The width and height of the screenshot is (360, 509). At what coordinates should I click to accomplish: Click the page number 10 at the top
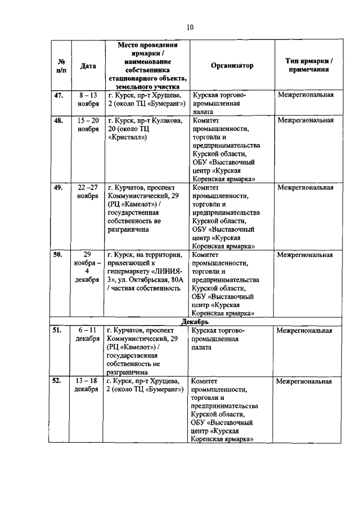pos(190,27)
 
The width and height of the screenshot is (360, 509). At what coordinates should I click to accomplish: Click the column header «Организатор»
pos(232,66)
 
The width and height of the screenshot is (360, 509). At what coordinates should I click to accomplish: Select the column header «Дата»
pos(88,66)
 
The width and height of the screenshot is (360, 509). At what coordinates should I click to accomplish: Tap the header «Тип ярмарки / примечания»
pos(305,66)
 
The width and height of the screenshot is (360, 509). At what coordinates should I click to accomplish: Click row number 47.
pos(58,95)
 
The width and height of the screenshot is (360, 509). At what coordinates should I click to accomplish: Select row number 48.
pos(58,120)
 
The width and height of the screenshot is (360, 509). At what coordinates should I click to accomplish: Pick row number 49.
pos(58,187)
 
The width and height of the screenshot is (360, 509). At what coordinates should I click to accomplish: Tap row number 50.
pos(58,255)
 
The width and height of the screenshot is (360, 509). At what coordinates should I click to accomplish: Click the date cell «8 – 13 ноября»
pos(88,100)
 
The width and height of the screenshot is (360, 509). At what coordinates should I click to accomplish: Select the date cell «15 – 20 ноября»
pos(88,124)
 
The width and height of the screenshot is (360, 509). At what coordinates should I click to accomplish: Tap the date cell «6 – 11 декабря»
pos(88,335)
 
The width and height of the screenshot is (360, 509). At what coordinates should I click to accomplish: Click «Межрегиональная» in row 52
pos(304,381)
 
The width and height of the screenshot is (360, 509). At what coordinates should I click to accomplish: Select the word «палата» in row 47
pos(202,112)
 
